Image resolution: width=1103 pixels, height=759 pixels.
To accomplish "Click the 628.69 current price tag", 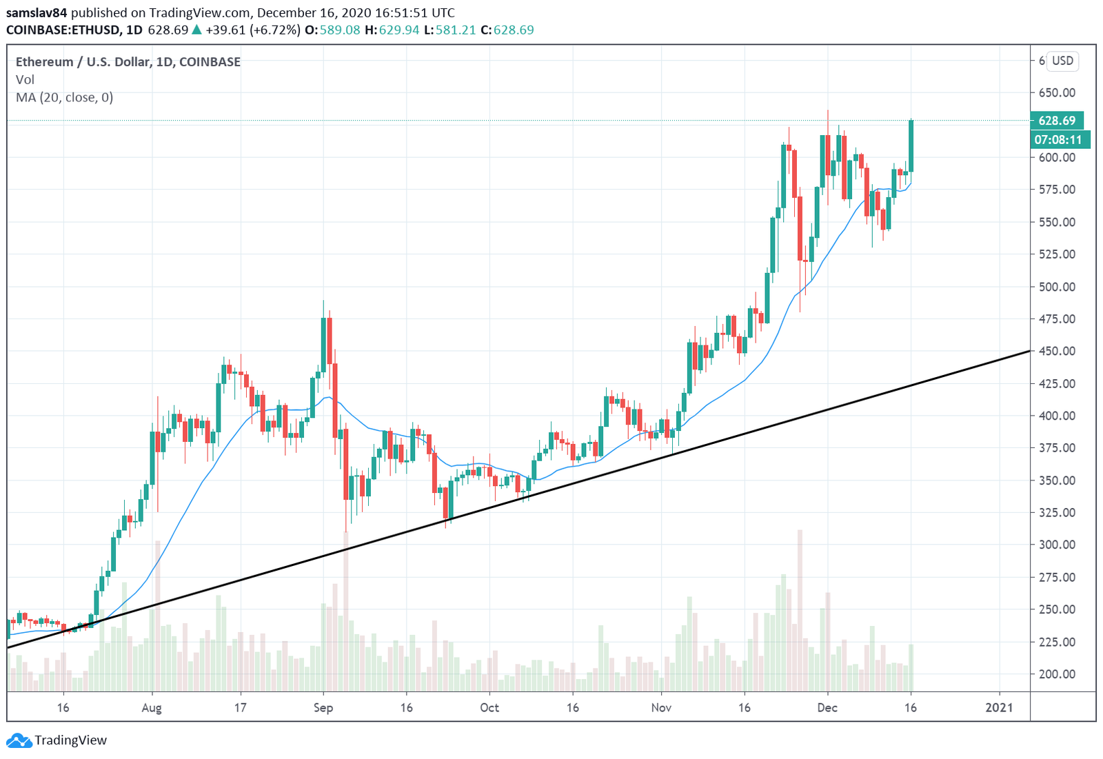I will pos(1056,121).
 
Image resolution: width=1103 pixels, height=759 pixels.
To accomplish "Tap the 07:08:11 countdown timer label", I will pos(1058,140).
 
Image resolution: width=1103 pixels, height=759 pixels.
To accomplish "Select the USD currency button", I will pos(1062,61).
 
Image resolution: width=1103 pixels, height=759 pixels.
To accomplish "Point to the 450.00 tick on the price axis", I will pos(1056,351).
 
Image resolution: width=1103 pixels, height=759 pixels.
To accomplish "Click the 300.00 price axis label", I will pos(1056,545).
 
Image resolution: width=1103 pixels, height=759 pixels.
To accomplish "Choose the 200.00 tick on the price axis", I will pos(1056,674).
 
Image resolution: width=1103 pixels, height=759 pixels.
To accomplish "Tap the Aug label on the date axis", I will pos(151,708).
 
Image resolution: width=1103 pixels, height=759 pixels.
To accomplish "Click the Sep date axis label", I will pos(323,708).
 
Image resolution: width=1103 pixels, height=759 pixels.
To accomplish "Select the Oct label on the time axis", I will pos(489,708).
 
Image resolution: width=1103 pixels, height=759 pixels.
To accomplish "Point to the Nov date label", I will pos(661,708).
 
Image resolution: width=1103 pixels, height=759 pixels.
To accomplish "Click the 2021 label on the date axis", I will pos(999,708).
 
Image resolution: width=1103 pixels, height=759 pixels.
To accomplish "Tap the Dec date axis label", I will pos(827,708).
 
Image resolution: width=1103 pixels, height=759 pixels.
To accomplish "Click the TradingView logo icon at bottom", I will pos(19,741).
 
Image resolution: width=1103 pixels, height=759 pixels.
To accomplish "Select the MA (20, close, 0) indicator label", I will pos(64,98).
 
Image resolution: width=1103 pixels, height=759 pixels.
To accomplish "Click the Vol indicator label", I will pos(25,80).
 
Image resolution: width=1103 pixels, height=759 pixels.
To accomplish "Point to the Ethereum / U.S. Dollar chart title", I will pos(128,62).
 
